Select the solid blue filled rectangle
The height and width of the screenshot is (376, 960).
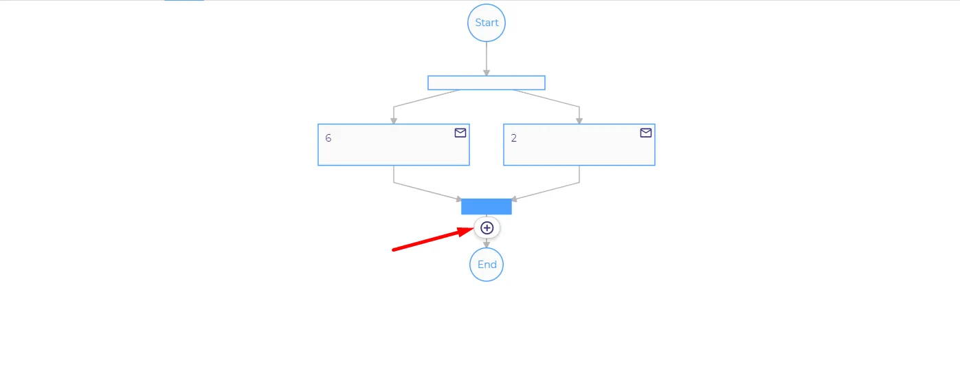487,207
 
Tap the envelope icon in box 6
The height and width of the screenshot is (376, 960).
460,133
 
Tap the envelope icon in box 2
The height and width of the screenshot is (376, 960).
646,133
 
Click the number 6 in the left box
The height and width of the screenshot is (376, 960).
328,138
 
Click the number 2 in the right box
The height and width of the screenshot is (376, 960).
514,138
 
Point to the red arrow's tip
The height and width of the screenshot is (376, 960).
474,228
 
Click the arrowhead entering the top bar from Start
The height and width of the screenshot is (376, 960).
487,73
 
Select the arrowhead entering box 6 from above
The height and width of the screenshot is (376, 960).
394,122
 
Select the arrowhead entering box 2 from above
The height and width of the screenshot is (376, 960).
579,122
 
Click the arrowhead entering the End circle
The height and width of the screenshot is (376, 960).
487,245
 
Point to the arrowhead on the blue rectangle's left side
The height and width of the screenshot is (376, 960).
458,199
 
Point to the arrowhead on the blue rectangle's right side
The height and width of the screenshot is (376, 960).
514,199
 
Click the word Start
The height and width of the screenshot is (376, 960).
487,23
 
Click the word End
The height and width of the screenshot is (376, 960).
487,265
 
